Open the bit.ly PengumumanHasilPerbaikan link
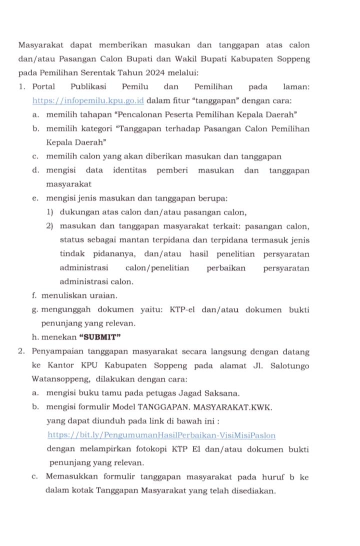tap(161, 436)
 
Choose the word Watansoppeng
tap(57, 379)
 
